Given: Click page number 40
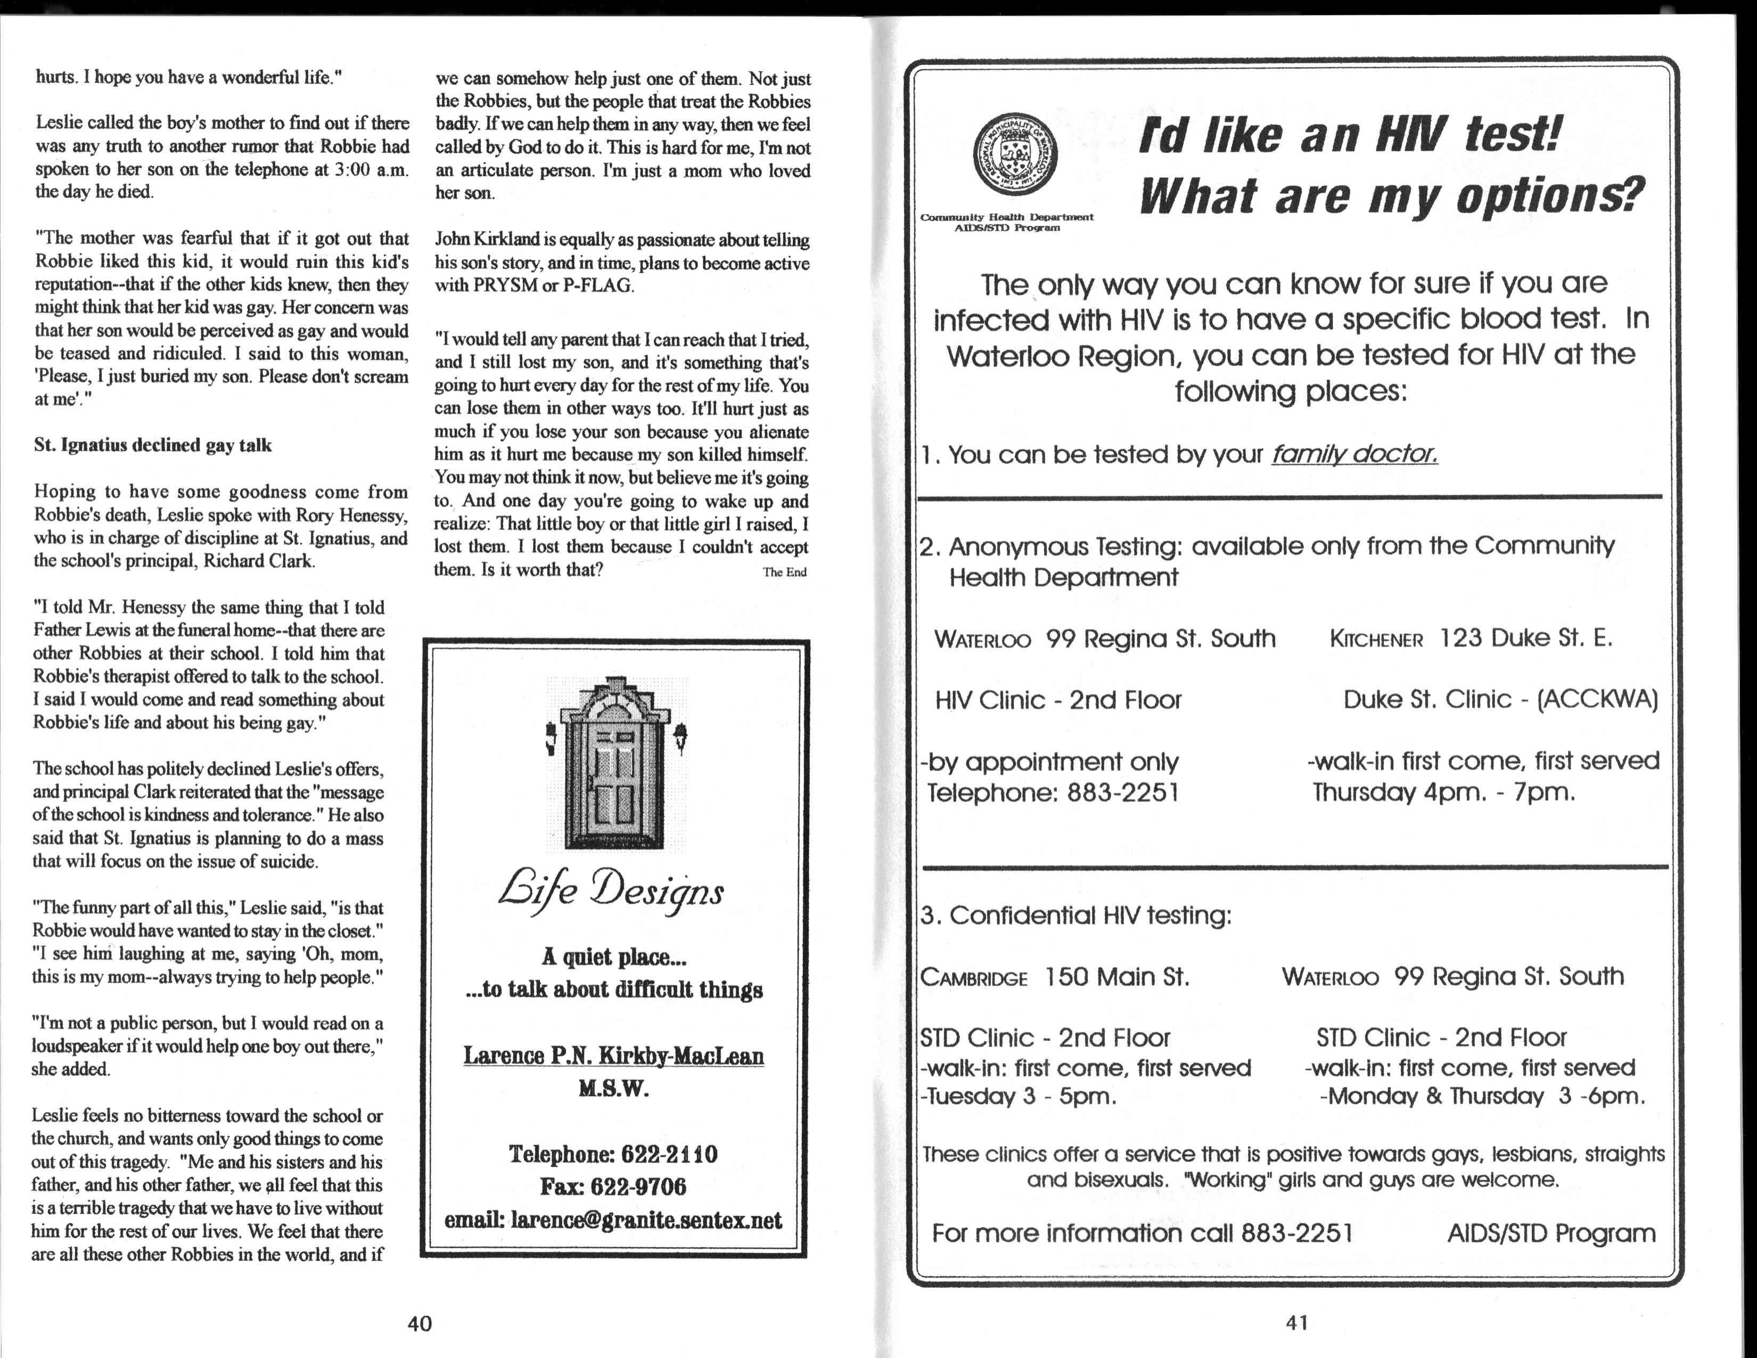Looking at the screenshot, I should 420,1323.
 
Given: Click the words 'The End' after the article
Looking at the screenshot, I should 784,572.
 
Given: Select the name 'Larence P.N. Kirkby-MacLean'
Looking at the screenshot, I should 613,1056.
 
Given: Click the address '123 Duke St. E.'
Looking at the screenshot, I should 1525,638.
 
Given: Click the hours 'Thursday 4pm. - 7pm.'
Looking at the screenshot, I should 1443,792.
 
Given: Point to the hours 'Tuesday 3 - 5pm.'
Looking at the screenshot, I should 1020,1097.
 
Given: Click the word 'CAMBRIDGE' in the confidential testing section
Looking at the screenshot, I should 974,978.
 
